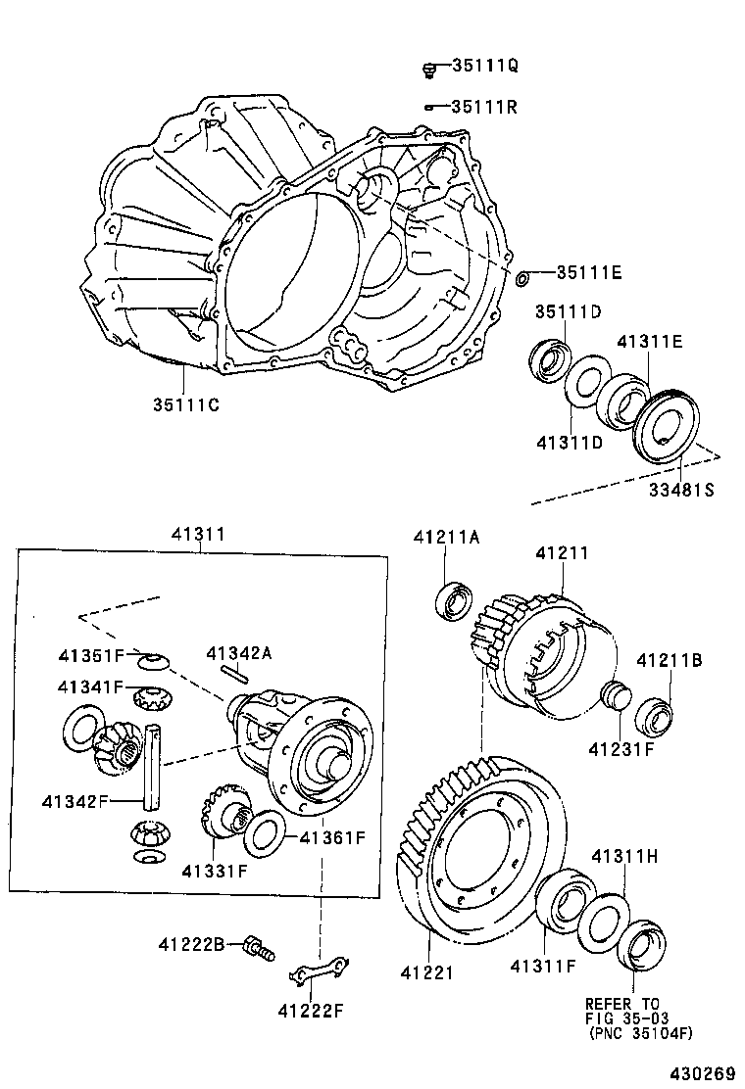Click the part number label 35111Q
click(x=484, y=66)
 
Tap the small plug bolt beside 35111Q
click(x=429, y=68)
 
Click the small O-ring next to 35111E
click(x=522, y=279)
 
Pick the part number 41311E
click(x=649, y=342)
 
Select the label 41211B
click(x=670, y=661)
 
